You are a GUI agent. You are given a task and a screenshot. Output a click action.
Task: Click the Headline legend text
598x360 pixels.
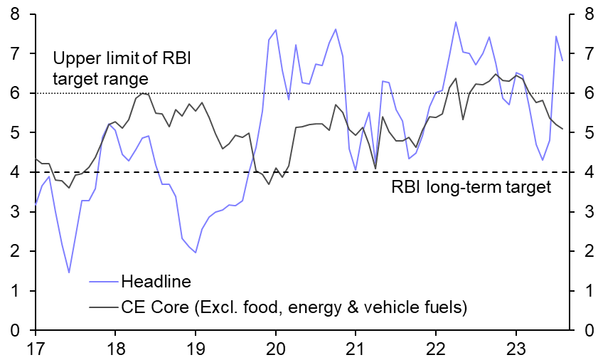pos(156,282)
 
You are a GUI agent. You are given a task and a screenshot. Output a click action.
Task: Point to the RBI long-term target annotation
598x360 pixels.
pos(471,188)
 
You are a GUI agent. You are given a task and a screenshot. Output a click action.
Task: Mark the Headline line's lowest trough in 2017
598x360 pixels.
pos(69,272)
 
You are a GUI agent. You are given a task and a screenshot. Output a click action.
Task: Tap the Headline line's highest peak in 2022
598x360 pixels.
pos(455,22)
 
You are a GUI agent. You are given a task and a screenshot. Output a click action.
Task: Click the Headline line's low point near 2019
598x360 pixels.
pos(195,253)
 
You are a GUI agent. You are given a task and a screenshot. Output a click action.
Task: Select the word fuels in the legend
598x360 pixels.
pos(445,307)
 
